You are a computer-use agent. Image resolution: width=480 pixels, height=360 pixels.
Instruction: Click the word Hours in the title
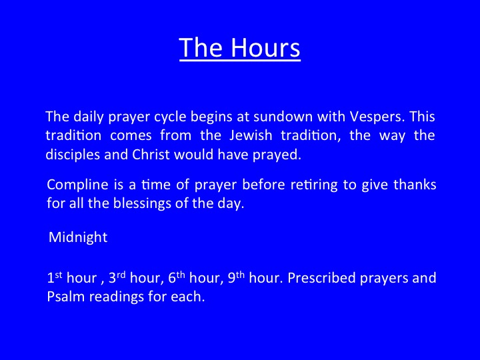click(x=265, y=48)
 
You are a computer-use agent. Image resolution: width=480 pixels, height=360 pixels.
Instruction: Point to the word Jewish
click(x=251, y=135)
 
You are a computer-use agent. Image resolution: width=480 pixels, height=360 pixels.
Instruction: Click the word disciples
click(x=73, y=155)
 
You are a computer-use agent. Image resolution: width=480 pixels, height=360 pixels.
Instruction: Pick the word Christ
click(x=151, y=154)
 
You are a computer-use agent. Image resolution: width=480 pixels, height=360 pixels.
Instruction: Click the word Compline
click(x=78, y=185)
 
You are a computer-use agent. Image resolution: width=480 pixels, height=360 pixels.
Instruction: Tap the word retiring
click(x=314, y=185)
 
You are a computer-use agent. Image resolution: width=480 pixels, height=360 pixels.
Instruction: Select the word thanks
click(x=415, y=185)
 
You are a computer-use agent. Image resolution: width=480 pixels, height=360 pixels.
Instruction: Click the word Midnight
click(x=78, y=237)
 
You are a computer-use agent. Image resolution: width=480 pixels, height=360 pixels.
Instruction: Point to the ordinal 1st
click(x=55, y=277)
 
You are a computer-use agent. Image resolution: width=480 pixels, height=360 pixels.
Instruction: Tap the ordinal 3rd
click(x=117, y=277)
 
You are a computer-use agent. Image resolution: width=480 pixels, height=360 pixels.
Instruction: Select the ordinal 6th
click(x=177, y=277)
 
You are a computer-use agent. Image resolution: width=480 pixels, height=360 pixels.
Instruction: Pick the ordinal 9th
click(x=236, y=277)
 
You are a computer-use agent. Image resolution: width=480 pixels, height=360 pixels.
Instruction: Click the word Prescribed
click(x=321, y=278)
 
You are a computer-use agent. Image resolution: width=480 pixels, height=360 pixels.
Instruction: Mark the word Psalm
click(x=65, y=297)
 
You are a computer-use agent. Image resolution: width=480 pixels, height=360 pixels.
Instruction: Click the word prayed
click(x=277, y=155)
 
